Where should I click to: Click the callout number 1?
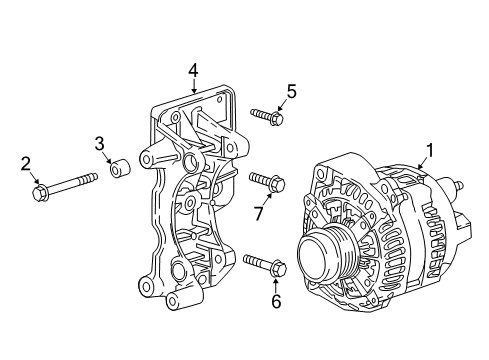pyautogui.click(x=429, y=151)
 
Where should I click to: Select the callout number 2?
pyautogui.click(x=26, y=162)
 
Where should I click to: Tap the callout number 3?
pyautogui.click(x=100, y=142)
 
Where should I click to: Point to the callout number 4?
pyautogui.click(x=193, y=70)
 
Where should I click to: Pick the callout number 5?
pyautogui.click(x=291, y=92)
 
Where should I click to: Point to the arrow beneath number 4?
pyautogui.click(x=193, y=86)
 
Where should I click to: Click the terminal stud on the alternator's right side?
pyautogui.click(x=461, y=184)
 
